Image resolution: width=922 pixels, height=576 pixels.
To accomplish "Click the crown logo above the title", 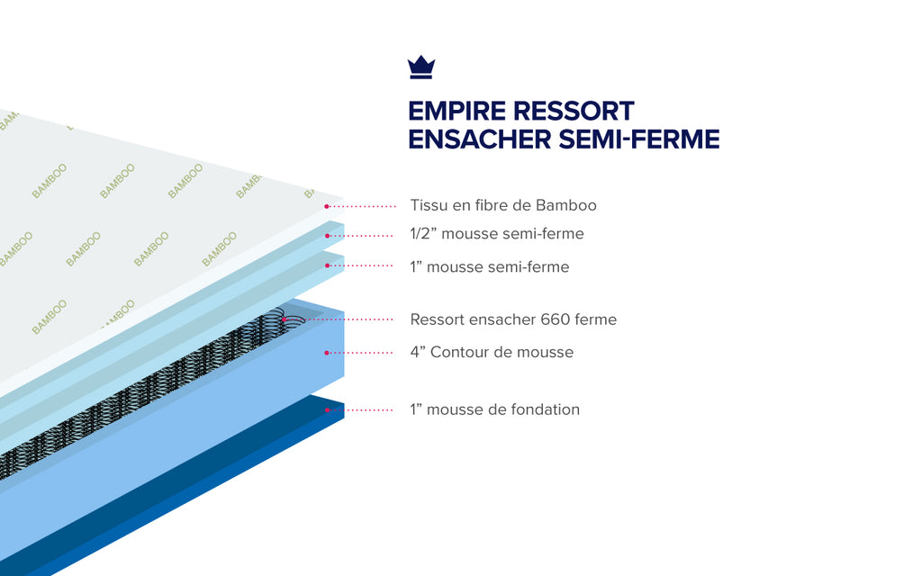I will (421, 67).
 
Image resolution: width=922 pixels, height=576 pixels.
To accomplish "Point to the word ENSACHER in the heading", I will (479, 139).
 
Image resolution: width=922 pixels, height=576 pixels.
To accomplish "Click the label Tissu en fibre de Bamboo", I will (502, 205).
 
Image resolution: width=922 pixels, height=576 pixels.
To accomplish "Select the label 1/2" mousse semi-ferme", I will (496, 234).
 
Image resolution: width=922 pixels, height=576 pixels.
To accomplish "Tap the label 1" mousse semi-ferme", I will (489, 267).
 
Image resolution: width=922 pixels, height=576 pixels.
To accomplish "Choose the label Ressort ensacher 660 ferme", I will (513, 319).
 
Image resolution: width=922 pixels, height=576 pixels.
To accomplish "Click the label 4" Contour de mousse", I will (492, 352).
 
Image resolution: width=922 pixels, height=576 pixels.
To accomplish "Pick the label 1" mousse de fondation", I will (494, 409).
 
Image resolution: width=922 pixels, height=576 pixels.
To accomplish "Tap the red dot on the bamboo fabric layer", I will (326, 206).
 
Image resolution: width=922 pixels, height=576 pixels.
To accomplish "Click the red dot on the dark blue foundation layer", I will (327, 409).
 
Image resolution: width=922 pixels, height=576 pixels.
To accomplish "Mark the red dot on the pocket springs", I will (283, 319).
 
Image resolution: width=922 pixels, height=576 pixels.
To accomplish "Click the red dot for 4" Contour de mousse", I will (327, 352).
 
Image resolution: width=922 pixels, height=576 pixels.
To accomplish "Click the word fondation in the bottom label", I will (547, 409).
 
